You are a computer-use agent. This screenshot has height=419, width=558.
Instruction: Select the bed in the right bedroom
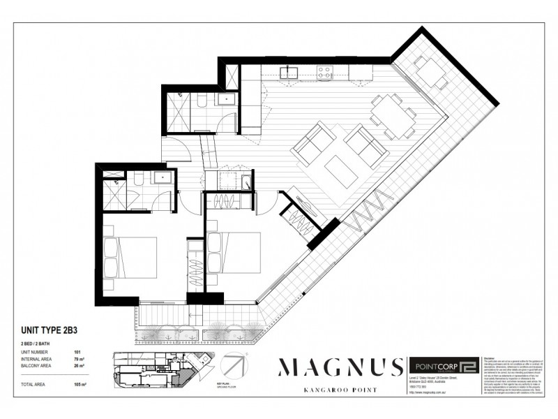(x=234, y=253)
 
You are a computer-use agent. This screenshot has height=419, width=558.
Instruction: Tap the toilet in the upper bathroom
(x=201, y=103)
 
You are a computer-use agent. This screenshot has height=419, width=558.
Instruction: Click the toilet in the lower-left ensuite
(x=137, y=181)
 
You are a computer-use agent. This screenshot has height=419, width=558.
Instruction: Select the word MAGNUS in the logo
(x=341, y=367)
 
